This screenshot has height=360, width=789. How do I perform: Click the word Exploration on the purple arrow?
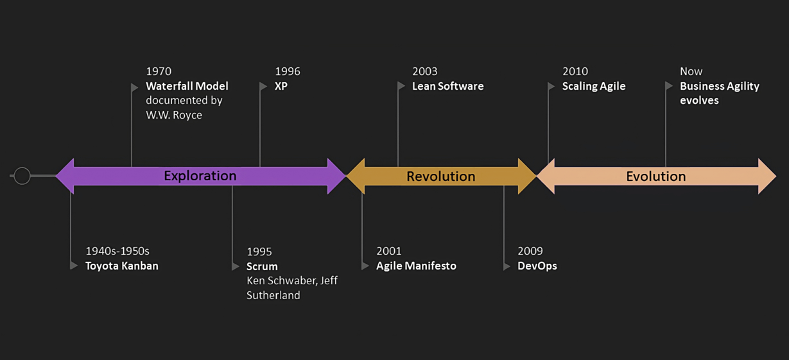[200, 176]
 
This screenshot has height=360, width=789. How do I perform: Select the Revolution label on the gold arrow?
[440, 176]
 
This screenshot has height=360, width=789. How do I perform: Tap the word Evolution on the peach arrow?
[656, 176]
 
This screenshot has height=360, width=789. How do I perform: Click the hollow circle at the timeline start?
[22, 175]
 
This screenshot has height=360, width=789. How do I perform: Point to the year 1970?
[159, 71]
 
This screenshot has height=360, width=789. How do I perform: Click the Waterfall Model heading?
[187, 86]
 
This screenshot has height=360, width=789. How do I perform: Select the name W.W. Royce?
[174, 115]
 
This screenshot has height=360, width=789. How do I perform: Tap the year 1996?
[288, 71]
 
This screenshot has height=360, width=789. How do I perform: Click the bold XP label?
[281, 86]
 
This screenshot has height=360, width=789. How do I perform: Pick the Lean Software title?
[447, 86]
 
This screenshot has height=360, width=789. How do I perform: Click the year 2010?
[575, 71]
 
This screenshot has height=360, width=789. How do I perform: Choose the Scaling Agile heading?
[594, 86]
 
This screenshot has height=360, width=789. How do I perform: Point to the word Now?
[691, 71]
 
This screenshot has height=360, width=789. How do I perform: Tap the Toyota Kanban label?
[121, 266]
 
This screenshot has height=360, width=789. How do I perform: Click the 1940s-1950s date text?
[117, 251]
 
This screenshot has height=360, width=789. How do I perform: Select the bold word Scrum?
[262, 266]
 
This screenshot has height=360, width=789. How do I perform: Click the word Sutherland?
[273, 295]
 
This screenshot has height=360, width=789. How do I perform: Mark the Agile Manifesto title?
[416, 266]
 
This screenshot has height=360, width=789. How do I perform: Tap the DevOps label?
[537, 266]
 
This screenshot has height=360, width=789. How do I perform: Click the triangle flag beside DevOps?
[507, 266]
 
